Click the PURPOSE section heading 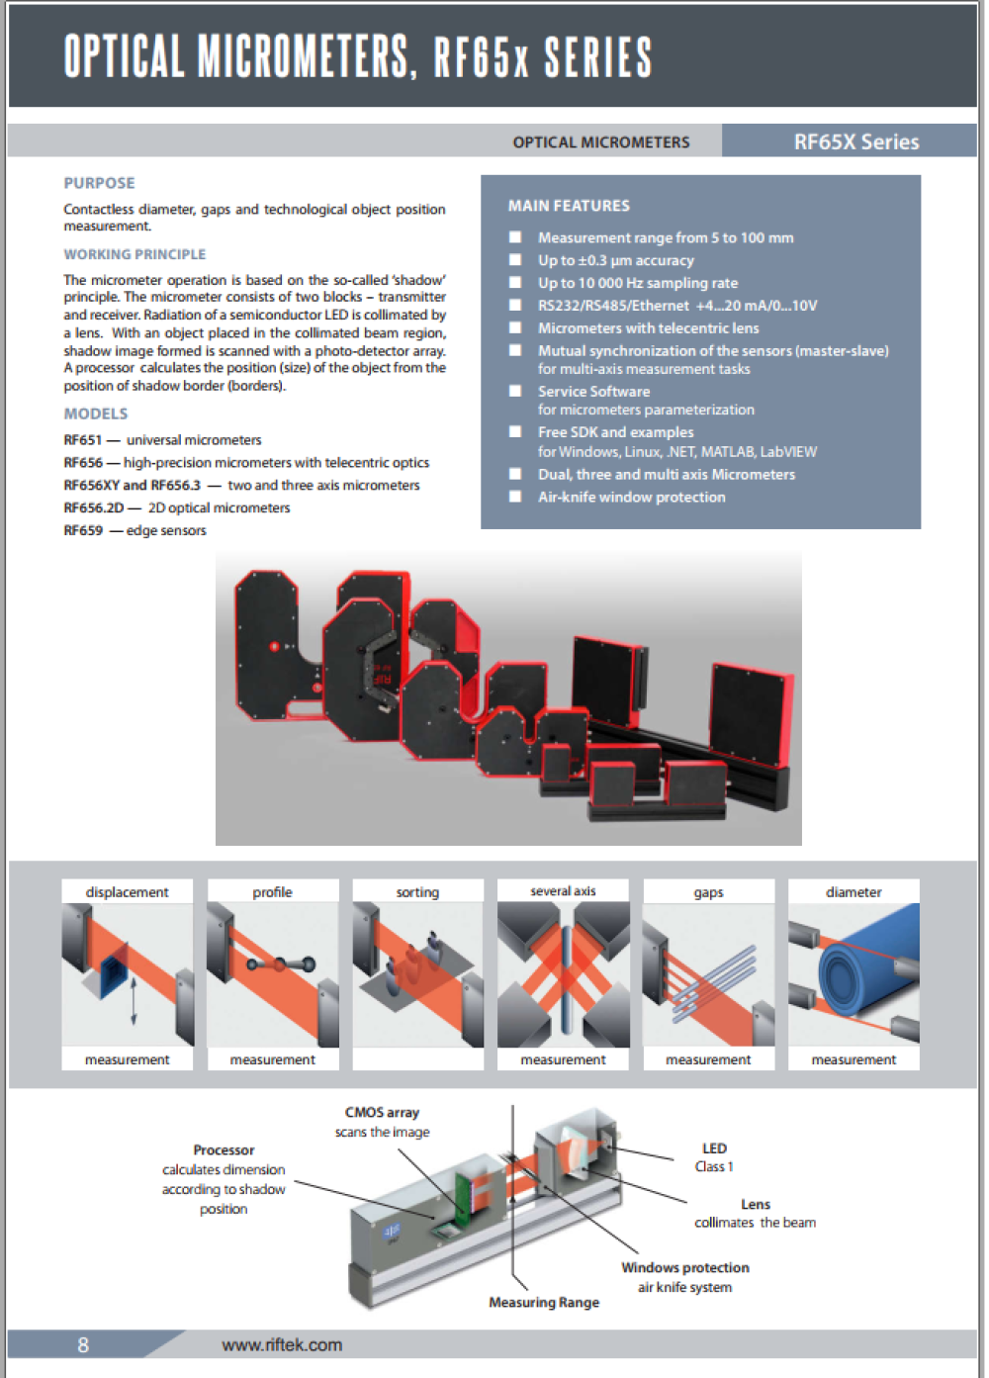99,183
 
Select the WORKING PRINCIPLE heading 135,254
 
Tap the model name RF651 82,440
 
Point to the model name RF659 83,531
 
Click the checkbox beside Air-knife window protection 515,497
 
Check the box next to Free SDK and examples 515,432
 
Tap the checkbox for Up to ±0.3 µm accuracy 515,260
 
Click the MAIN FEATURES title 569,206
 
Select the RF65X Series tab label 855,141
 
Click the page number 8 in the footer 83,1345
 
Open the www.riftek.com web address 282,1345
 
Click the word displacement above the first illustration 127,892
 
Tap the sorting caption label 417,892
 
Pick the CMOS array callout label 382,1113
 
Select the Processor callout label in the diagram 224,1150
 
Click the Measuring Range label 544,1303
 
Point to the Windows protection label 684,1268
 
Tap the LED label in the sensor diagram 714,1148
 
